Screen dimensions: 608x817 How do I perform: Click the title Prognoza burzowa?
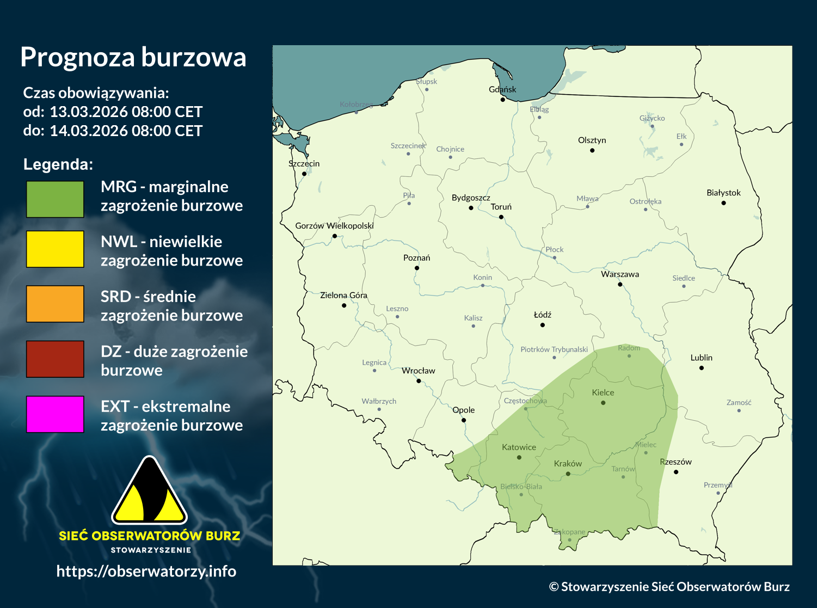click(x=133, y=57)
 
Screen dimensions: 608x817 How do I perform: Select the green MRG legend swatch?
click(x=55, y=199)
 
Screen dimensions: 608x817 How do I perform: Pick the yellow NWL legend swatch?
click(x=55, y=249)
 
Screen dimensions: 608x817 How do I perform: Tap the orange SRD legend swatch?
click(x=55, y=304)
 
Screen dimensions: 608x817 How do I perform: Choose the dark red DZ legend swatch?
click(x=55, y=359)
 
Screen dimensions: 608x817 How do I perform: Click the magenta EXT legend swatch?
click(x=55, y=414)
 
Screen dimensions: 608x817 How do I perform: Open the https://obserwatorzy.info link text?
click(x=146, y=571)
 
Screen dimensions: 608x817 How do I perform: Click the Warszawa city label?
click(x=620, y=274)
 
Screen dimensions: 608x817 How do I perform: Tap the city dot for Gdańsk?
click(x=503, y=100)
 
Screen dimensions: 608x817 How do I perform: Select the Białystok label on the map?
click(x=723, y=193)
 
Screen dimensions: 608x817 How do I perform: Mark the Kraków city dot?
click(x=568, y=474)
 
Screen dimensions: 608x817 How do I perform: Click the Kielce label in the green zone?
click(x=603, y=392)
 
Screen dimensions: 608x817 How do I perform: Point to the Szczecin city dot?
click(x=304, y=174)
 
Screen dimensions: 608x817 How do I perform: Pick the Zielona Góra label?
click(x=343, y=295)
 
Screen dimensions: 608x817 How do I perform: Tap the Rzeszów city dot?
click(x=676, y=472)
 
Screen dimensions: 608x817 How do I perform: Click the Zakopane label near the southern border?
click(x=570, y=532)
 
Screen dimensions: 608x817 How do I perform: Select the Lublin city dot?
click(x=702, y=368)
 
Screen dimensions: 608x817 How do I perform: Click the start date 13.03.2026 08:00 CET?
click(x=126, y=112)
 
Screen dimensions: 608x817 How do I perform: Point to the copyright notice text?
click(x=669, y=587)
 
